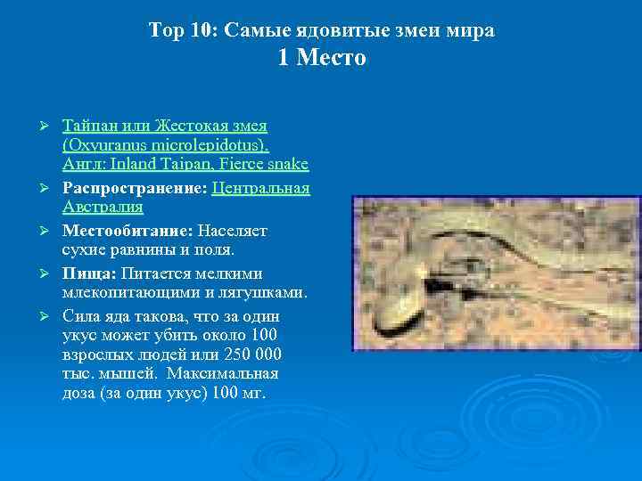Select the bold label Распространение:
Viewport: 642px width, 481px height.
click(134, 188)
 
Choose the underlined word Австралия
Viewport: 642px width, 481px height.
click(103, 208)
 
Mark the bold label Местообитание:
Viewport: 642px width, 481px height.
click(128, 231)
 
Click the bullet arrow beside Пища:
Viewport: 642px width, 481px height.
click(53, 272)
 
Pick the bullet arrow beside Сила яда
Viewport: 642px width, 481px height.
click(53, 314)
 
